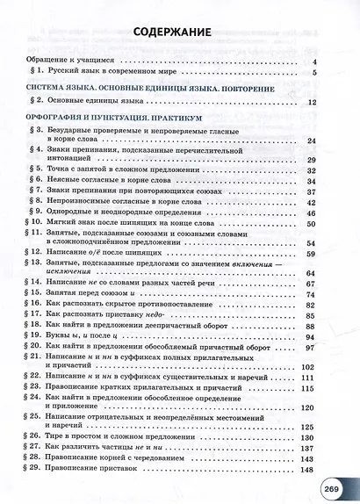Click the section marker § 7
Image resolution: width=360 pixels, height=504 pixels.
pos(34,188)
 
